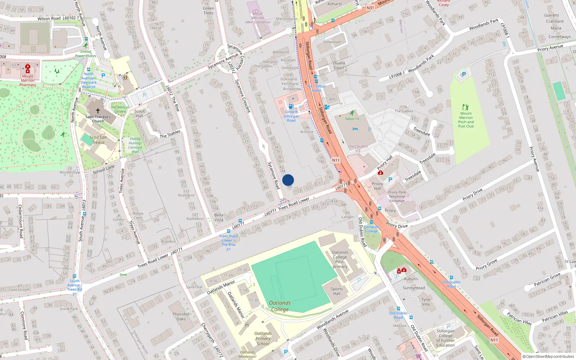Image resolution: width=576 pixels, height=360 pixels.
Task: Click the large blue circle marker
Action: click(x=288, y=180)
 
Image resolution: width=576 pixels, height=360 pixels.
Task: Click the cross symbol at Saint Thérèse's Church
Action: click(x=98, y=111)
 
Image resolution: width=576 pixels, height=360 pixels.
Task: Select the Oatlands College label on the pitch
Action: click(x=280, y=306)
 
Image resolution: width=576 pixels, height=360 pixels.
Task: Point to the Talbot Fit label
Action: click(x=352, y=119)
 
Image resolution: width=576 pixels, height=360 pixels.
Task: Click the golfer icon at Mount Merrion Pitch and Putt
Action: click(x=466, y=107)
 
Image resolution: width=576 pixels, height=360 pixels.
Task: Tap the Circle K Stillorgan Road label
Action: click(x=291, y=116)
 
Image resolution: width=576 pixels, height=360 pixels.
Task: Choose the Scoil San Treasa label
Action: click(x=98, y=140)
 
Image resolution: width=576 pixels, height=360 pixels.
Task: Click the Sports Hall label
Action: click(x=337, y=291)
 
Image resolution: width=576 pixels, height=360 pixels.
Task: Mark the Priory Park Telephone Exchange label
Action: click(x=397, y=197)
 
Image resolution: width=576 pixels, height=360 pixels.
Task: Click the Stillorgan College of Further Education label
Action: click(x=445, y=338)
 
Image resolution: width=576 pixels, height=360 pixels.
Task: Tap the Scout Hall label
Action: click(x=139, y=113)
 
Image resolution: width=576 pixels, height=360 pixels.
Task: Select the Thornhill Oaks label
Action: click(x=181, y=316)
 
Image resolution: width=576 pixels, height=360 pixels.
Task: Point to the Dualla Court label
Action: click(x=339, y=65)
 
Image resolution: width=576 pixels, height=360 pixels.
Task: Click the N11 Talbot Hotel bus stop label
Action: click(x=316, y=88)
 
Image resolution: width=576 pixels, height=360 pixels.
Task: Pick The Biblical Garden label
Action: click(x=120, y=109)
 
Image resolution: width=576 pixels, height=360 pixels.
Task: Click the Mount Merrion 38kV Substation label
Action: click(x=257, y=18)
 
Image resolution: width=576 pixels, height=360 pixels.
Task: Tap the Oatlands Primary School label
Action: click(x=263, y=338)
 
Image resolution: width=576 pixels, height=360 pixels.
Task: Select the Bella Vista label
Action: click(x=219, y=217)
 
